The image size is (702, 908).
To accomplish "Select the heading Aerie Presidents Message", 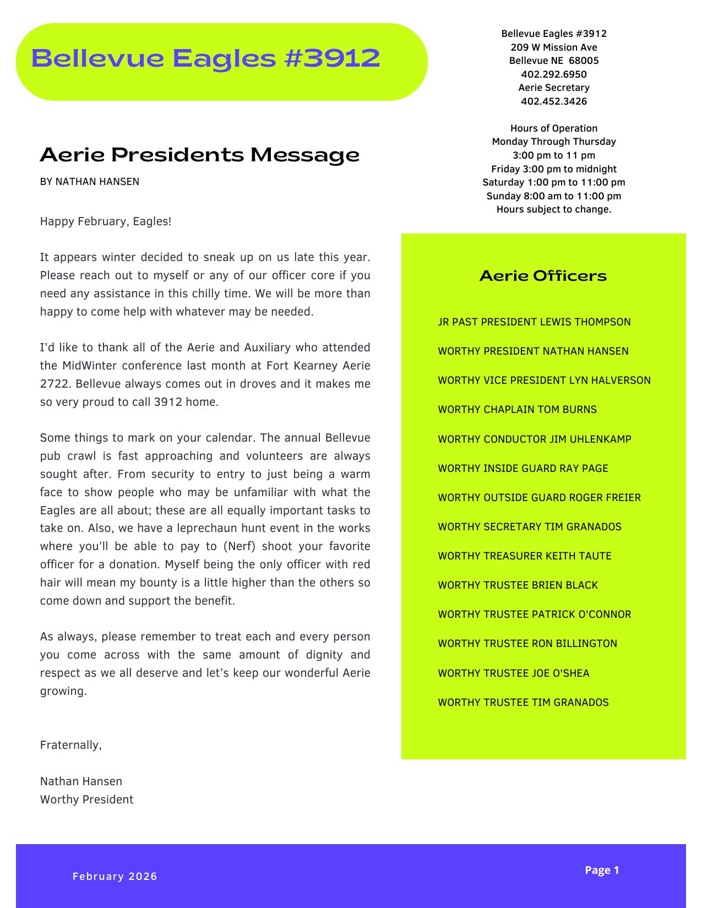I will (199, 155).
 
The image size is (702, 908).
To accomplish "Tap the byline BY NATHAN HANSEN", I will (89, 182).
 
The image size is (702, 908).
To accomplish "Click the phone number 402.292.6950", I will (553, 74).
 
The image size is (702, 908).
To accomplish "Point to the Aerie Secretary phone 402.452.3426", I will (553, 101).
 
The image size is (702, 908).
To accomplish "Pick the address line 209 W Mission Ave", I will (553, 47).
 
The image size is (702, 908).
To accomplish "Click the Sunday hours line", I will (553, 196).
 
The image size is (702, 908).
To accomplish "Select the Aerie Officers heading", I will (543, 275).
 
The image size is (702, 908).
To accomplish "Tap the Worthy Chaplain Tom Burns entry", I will (517, 410).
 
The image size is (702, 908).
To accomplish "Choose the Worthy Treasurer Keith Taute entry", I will (524, 556).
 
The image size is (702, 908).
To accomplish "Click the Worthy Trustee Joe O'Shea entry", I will (513, 673).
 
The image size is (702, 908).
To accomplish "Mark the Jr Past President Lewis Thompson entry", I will (534, 322).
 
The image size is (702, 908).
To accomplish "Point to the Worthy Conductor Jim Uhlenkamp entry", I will (534, 439).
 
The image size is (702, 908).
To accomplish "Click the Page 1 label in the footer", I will (602, 870).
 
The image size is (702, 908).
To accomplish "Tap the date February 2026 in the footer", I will (115, 876).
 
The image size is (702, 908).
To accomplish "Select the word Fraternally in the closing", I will (70, 746).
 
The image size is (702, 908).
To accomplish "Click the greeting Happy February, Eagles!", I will (106, 222).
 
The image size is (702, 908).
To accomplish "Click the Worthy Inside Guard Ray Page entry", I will (523, 469).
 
